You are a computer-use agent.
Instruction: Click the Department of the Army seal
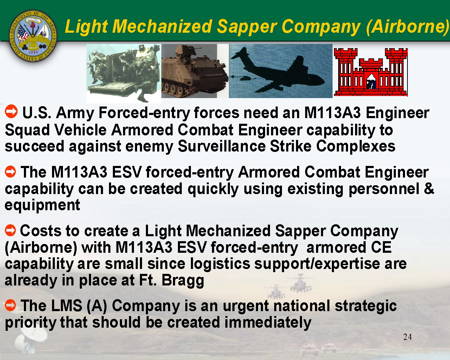33,36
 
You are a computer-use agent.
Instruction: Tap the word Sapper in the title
247,27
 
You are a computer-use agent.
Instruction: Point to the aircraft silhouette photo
281,71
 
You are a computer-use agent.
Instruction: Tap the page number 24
407,337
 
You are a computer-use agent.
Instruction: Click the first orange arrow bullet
11,111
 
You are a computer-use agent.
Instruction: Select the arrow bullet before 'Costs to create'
11,230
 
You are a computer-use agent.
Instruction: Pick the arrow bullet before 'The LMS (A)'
11,305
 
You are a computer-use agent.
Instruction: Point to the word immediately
268,322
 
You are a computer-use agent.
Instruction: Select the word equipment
42,205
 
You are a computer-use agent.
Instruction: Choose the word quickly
213,189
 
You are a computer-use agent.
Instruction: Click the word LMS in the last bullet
67,305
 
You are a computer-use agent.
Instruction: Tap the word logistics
220,264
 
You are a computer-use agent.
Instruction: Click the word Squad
27,130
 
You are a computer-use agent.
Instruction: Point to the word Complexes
356,147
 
